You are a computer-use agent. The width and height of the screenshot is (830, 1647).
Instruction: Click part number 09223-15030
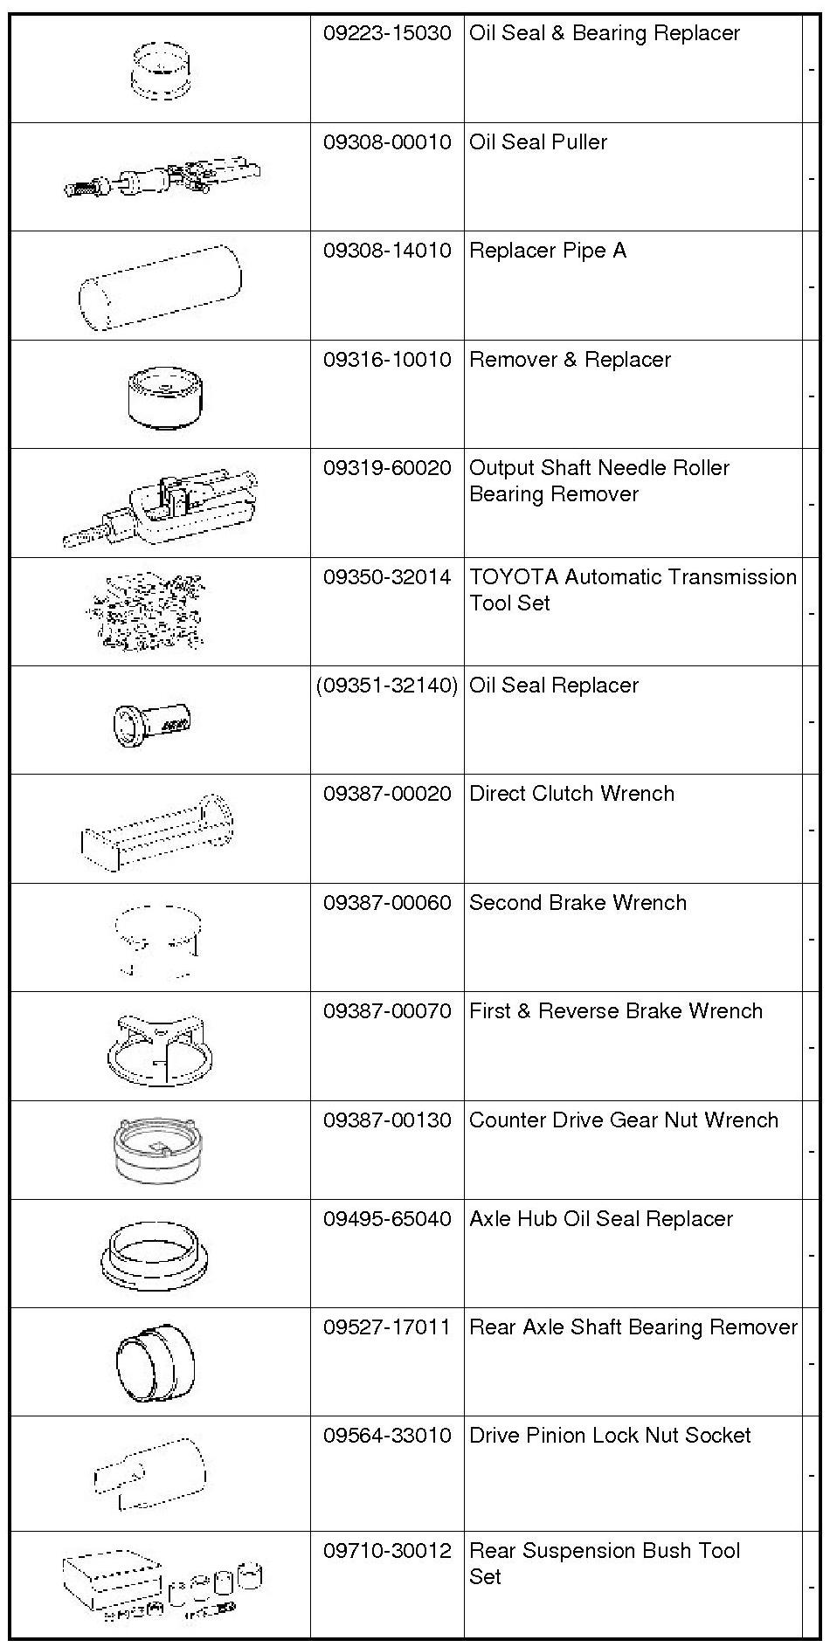[387, 34]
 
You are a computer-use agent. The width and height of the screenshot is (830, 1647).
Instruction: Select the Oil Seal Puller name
[538, 142]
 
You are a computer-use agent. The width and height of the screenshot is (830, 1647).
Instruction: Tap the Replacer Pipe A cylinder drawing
[160, 286]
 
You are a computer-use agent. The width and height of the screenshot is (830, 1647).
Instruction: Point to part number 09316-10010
[387, 360]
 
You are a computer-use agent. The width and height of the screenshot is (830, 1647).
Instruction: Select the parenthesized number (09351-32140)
[387, 686]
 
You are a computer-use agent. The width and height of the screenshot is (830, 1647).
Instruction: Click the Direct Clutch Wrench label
[572, 794]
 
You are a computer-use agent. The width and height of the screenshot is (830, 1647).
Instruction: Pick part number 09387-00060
[387, 903]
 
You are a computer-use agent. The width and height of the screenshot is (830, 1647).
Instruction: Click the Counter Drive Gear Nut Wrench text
[624, 1120]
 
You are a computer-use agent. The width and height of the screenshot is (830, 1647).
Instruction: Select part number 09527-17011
[387, 1327]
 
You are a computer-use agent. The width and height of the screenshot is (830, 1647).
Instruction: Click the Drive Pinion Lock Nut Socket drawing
[150, 1473]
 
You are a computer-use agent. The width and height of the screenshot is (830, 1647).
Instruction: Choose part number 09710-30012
[387, 1551]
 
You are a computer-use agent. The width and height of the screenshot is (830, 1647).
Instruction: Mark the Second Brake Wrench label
[578, 903]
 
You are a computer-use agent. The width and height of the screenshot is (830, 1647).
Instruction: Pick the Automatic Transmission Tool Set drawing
[147, 612]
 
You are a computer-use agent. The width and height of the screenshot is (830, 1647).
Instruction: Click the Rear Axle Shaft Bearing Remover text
[633, 1327]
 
